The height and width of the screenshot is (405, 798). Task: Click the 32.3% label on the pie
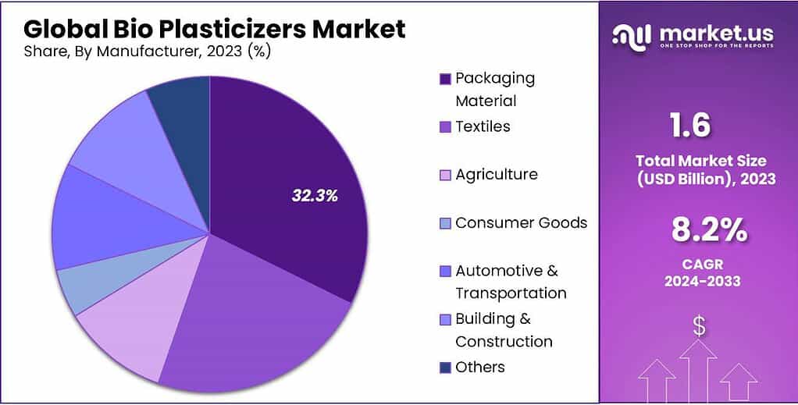click(315, 196)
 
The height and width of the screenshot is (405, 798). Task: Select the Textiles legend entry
click(483, 126)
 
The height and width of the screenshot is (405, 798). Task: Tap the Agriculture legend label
click(497, 174)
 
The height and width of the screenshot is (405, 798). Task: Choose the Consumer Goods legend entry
click(521, 222)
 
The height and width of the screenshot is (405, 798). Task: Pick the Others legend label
click(479, 367)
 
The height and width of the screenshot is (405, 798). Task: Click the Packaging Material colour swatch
click(446, 79)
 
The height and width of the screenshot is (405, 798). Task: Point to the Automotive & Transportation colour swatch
click(446, 272)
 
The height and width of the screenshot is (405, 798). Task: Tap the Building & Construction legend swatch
click(446, 320)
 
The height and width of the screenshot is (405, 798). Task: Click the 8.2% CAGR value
click(709, 230)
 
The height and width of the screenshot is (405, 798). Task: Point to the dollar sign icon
click(699, 326)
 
